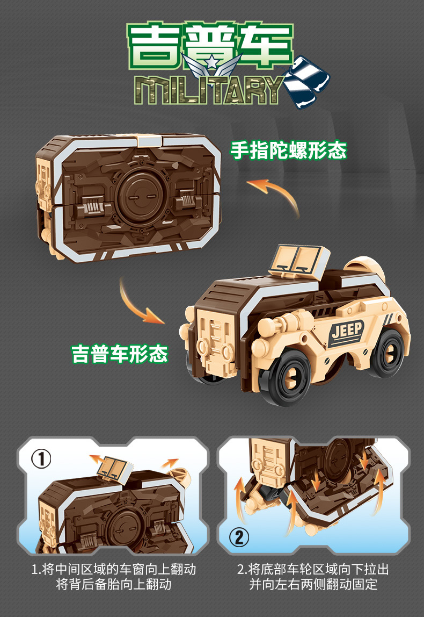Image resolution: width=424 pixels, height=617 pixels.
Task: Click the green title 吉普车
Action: (210, 45)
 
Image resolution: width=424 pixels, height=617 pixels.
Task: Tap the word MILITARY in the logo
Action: (209, 90)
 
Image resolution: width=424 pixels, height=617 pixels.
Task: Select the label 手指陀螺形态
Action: (288, 150)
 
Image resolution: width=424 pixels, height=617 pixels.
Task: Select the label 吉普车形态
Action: (120, 353)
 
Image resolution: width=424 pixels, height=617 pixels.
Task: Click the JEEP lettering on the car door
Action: (347, 330)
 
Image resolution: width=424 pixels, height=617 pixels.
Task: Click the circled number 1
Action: (41, 459)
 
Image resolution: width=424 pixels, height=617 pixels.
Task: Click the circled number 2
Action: (239, 537)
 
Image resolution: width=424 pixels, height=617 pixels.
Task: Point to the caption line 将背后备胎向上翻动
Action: (114, 584)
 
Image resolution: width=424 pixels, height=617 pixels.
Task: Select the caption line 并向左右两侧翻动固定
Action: (313, 584)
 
